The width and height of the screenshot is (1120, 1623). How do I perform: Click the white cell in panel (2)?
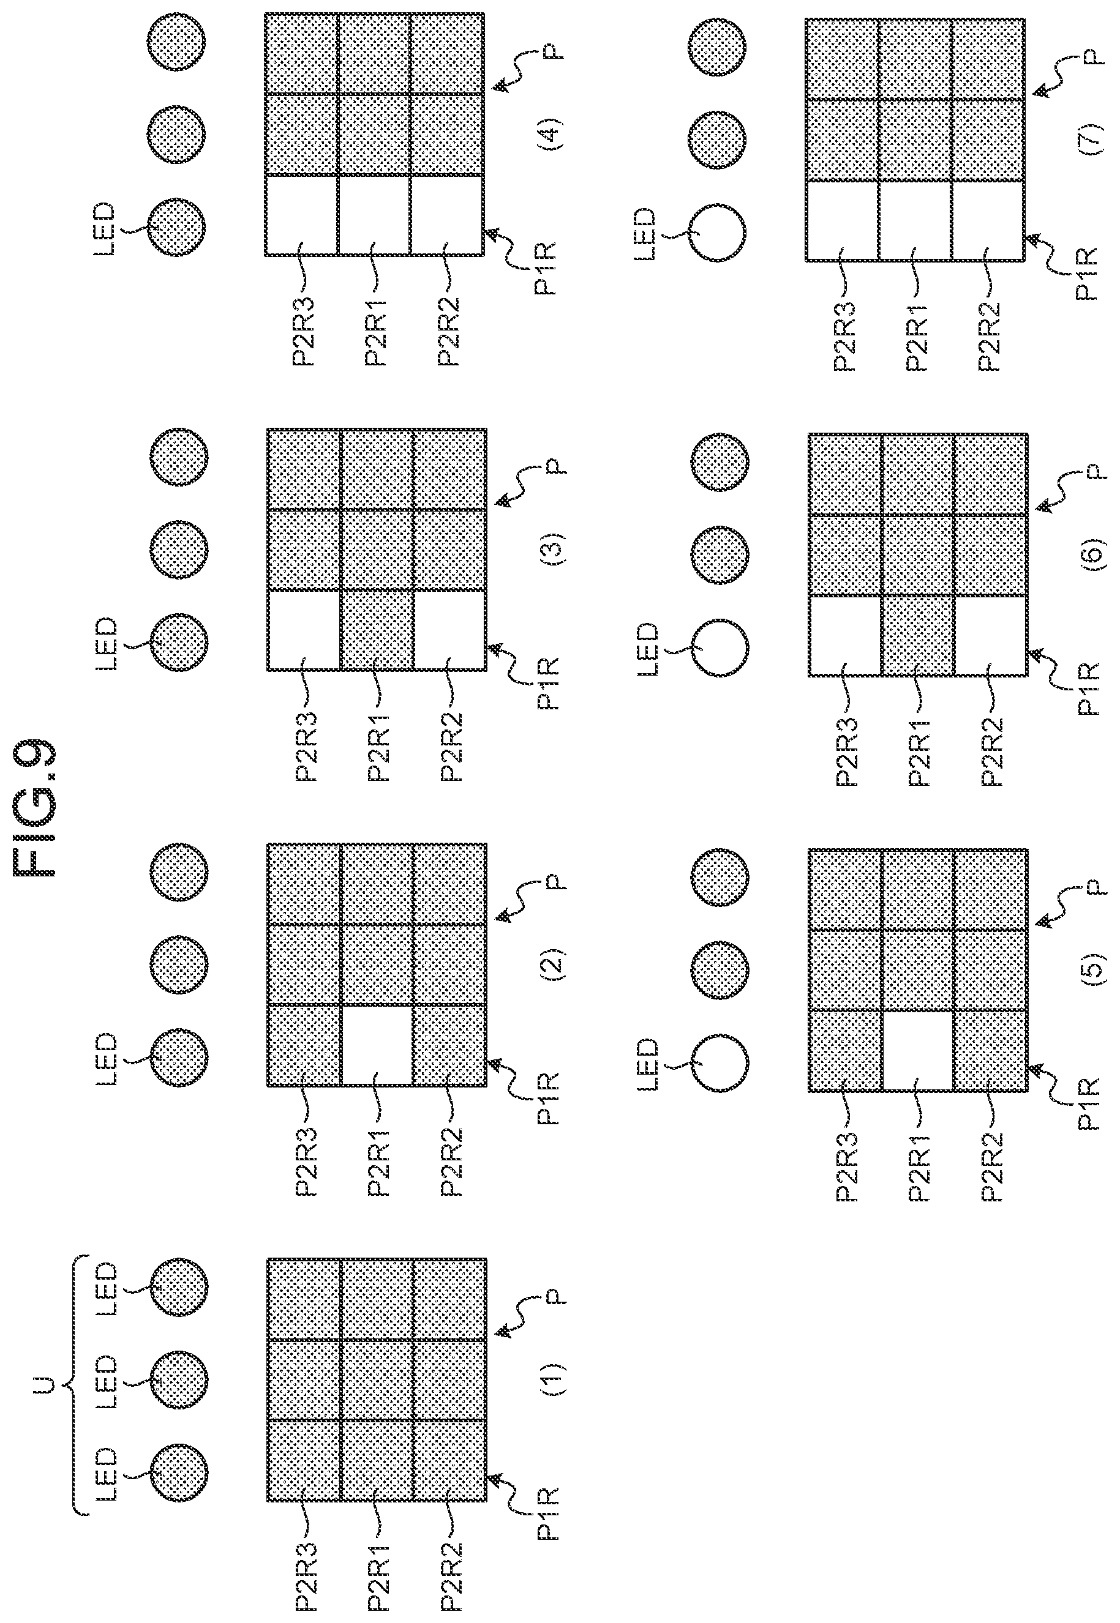[377, 1046]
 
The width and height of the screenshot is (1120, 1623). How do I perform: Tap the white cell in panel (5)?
[917, 1050]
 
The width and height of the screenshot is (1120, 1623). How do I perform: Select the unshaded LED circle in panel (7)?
[716, 231]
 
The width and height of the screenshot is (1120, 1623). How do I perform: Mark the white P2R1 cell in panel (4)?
[374, 215]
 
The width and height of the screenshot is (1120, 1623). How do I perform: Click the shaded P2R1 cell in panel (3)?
[377, 630]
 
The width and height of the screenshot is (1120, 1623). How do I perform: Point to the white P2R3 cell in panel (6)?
[845, 635]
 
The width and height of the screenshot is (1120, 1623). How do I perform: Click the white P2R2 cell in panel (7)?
[987, 220]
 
